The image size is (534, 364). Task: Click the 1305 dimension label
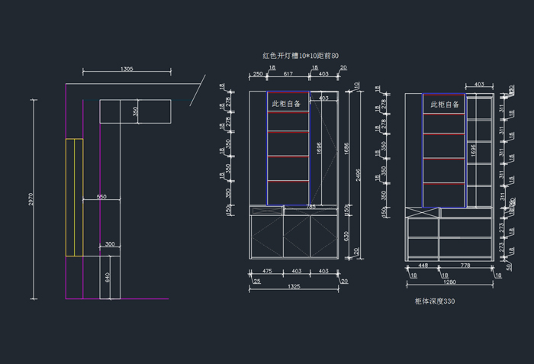coord(127,69)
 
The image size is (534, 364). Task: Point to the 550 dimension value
coord(101,197)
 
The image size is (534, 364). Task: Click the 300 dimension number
coord(110,244)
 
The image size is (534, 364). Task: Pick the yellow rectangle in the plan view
coord(74,197)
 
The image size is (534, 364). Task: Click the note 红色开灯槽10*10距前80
coord(300,56)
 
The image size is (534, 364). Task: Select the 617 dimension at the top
coord(288,74)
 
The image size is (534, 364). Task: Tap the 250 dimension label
coord(258,74)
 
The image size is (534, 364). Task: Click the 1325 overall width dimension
coord(294,287)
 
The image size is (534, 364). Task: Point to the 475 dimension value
coord(267,271)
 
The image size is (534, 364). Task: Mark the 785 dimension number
coord(310,207)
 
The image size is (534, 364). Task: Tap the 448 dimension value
coord(423,266)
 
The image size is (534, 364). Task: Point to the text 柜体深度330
coord(435,301)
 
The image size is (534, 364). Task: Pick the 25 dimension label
coord(256,282)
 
